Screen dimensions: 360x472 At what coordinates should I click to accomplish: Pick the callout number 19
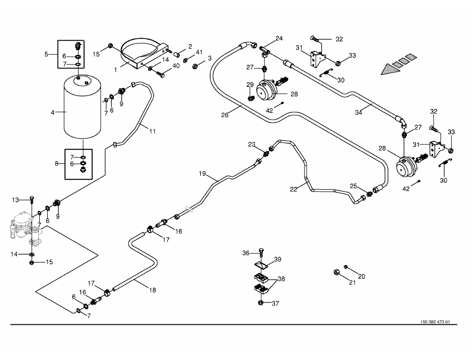[x=202, y=174]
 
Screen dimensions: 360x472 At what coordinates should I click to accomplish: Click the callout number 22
[x=293, y=188]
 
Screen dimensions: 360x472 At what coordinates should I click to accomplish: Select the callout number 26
[x=225, y=115]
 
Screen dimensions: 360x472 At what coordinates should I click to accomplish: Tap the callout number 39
[x=277, y=259]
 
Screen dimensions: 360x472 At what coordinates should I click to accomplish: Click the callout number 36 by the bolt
[x=245, y=253]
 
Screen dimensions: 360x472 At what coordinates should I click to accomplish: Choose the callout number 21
[x=352, y=283]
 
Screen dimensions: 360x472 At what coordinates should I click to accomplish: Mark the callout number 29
[x=249, y=85]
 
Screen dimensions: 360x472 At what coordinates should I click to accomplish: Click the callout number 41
[x=199, y=52]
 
